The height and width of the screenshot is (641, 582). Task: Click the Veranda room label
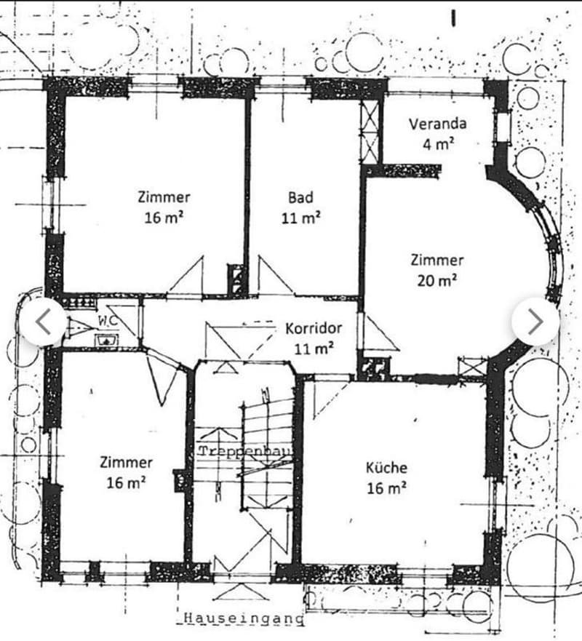coord(438,124)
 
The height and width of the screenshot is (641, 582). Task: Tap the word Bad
coord(300,197)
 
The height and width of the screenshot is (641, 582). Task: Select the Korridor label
coord(314,328)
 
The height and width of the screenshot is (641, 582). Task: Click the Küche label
coord(386,468)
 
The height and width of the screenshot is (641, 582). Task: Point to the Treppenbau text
coord(246,451)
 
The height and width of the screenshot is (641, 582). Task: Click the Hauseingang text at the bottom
coord(244,618)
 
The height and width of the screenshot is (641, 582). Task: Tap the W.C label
coord(108,320)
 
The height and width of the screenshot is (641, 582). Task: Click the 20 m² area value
coord(437,281)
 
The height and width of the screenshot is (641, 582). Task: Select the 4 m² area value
coord(438,144)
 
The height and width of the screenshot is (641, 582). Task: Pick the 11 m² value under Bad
coord(300,218)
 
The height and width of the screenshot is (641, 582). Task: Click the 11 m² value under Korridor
coord(314,349)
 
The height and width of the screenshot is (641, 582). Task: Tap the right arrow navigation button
coord(535,322)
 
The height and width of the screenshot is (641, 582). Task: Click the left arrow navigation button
coord(43,322)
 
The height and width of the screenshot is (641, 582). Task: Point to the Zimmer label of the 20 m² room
coord(437,260)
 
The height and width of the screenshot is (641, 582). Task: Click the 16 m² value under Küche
coord(386,488)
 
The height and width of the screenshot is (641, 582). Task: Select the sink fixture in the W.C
coord(107,340)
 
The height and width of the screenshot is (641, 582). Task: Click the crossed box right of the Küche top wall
coord(472,367)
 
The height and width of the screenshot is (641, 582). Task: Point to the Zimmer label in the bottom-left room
coord(127,463)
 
